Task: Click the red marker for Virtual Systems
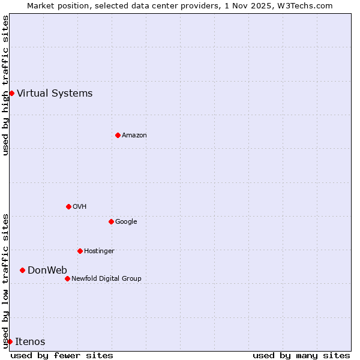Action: click(x=11, y=93)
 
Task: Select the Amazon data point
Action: click(x=118, y=135)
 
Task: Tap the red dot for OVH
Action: click(x=68, y=206)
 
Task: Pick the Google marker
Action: click(x=111, y=221)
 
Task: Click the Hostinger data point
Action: click(x=80, y=251)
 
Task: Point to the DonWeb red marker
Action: click(x=22, y=270)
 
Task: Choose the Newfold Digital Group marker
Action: click(x=67, y=278)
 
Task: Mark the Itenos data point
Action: click(x=10, y=341)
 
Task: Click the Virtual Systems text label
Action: click(x=55, y=93)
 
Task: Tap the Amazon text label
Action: click(x=134, y=136)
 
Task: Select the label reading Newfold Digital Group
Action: click(x=106, y=278)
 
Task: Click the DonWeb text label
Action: click(x=47, y=270)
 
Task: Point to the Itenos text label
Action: click(x=30, y=341)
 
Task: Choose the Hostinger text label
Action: click(x=99, y=251)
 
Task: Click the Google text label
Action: click(x=126, y=221)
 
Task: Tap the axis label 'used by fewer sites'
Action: click(x=62, y=355)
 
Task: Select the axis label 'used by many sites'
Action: click(x=301, y=355)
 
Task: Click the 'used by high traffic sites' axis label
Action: click(x=5, y=85)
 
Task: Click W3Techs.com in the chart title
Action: click(x=308, y=5)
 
